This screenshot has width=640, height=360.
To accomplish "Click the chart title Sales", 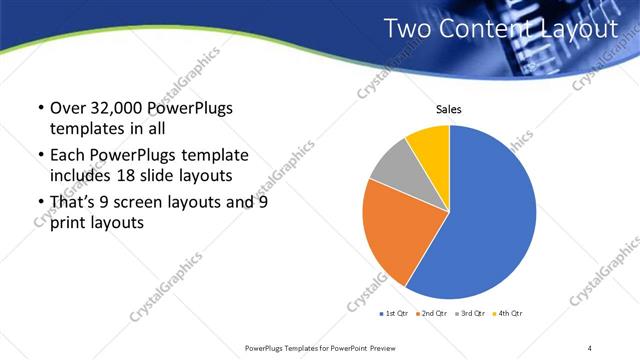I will pos(447,110).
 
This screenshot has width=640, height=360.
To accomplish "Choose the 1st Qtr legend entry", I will pos(394,313).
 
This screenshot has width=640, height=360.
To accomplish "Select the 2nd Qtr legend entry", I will pos(432,313).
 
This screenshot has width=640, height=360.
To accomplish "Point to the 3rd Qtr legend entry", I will pos(470,313).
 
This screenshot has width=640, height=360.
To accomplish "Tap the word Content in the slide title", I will pos(485,29).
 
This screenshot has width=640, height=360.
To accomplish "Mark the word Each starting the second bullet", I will pos(69,156).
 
